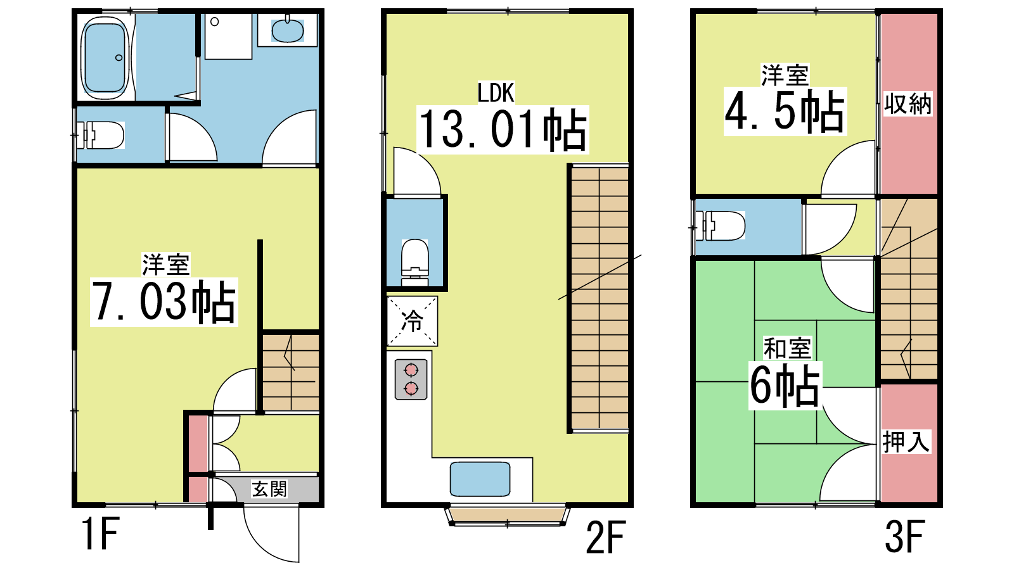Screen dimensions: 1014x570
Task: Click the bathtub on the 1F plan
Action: coord(105,58)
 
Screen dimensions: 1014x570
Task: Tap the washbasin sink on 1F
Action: coord(288,30)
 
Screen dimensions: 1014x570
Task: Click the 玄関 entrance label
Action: coord(269,489)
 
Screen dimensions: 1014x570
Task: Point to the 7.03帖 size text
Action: coord(164,301)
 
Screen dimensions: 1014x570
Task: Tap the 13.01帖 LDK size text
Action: coord(503,129)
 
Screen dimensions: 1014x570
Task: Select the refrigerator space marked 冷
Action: coord(412,321)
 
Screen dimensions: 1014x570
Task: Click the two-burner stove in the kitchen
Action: coord(411,379)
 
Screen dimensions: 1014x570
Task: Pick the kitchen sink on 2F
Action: coord(480,479)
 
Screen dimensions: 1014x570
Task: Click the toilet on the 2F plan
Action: coord(414,262)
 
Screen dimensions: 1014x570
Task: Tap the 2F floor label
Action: coord(606,537)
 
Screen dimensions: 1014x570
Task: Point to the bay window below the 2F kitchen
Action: coord(507,516)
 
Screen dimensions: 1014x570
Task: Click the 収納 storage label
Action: coord(908,104)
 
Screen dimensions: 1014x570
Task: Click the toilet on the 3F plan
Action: coord(721,225)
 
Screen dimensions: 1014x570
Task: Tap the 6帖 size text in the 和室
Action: coord(785,385)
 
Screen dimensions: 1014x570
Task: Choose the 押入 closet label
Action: coord(906,441)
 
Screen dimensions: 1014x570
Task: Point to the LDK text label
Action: coord(496,92)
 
